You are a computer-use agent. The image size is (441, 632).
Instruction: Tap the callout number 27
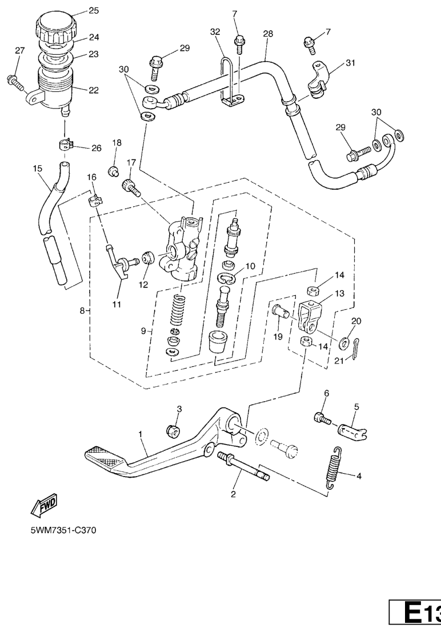click(20, 51)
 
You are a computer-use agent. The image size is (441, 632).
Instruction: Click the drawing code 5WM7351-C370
click(63, 531)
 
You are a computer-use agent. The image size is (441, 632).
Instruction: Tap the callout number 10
click(250, 266)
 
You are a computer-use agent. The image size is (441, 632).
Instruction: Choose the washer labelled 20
click(344, 343)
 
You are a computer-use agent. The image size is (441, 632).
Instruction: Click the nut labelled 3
click(171, 430)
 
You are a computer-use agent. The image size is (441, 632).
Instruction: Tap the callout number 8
click(83, 311)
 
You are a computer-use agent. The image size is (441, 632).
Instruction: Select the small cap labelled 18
click(114, 170)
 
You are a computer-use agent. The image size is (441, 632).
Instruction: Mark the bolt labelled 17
click(131, 186)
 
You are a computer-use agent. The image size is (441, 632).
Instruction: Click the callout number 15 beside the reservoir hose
click(38, 169)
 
